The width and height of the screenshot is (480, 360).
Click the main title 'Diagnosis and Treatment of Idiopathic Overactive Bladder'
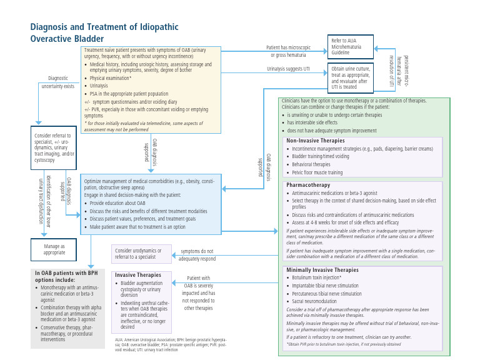[104, 32]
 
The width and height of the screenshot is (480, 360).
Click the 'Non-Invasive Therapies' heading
[315, 141]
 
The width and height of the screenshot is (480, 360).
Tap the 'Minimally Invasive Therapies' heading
[322, 270]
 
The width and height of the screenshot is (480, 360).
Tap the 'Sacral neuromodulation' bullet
[318, 301]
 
